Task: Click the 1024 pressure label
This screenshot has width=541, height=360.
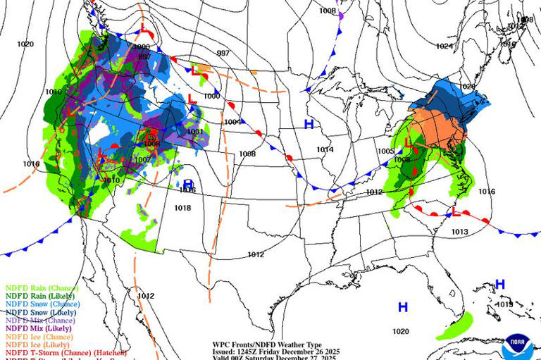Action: (444, 46)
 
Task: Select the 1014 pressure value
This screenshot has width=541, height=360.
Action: (325, 149)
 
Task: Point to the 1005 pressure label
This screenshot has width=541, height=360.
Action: (385, 151)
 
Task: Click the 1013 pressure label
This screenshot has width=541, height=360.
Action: (460, 232)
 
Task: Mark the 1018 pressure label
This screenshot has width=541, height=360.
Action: (182, 208)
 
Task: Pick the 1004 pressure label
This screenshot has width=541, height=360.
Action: (232, 122)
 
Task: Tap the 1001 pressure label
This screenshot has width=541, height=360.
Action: (195, 132)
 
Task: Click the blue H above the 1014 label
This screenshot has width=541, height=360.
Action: (308, 125)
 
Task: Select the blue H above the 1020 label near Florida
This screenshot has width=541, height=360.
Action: (403, 307)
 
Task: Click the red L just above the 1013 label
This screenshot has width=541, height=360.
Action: (456, 212)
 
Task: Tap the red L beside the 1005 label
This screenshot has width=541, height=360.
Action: (408, 143)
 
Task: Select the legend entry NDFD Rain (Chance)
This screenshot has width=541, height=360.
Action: (42, 288)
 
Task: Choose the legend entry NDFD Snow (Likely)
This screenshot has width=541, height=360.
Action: (42, 312)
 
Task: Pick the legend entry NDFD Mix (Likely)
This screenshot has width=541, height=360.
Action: (39, 328)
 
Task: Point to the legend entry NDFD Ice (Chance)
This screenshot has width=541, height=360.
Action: (39, 337)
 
